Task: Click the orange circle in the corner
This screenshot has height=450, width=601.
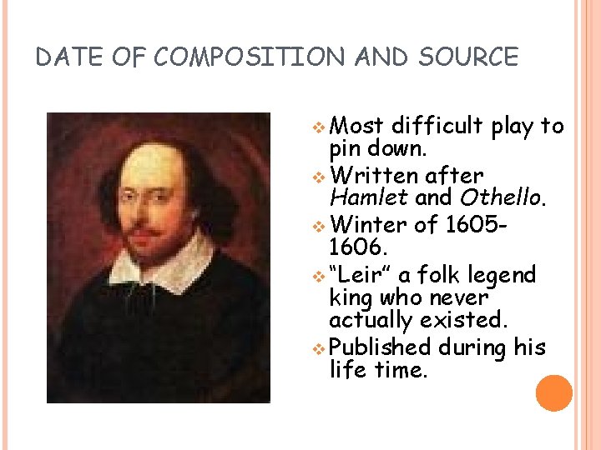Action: point(554,393)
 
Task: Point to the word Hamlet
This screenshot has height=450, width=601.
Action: point(367,198)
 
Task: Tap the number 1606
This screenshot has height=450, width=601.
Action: point(359,247)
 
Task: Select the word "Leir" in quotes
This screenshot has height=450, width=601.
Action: point(361,274)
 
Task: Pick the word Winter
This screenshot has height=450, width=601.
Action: point(368,225)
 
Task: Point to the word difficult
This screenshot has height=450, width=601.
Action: point(437,126)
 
